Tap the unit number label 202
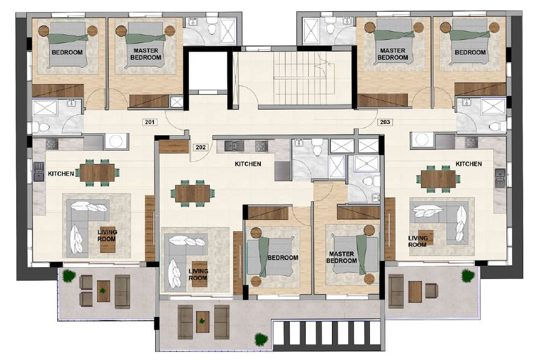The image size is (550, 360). [x=201, y=148]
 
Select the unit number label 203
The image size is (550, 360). [x=384, y=122]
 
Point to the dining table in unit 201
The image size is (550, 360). [x=98, y=173]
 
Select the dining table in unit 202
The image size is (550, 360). [x=194, y=193]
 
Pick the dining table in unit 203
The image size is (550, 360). [x=439, y=179]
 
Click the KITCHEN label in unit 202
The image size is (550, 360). [x=247, y=164]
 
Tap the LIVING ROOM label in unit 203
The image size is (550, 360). [x=418, y=241]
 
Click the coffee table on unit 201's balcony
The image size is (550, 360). [x=103, y=291]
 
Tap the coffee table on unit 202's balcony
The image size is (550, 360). [x=202, y=322]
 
